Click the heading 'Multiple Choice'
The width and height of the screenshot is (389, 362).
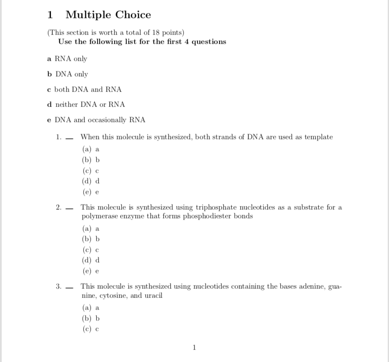[108, 15]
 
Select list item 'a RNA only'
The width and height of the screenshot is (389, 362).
[67, 59]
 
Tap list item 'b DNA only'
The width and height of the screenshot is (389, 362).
[68, 74]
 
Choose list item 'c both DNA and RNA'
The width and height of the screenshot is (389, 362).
[85, 89]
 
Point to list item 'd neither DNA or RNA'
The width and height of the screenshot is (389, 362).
[86, 104]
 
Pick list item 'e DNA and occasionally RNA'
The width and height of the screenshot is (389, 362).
[97, 120]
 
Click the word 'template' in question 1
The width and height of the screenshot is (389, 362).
[319, 137]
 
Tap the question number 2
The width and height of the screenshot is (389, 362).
[58, 207]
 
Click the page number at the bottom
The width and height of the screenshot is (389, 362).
[194, 347]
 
